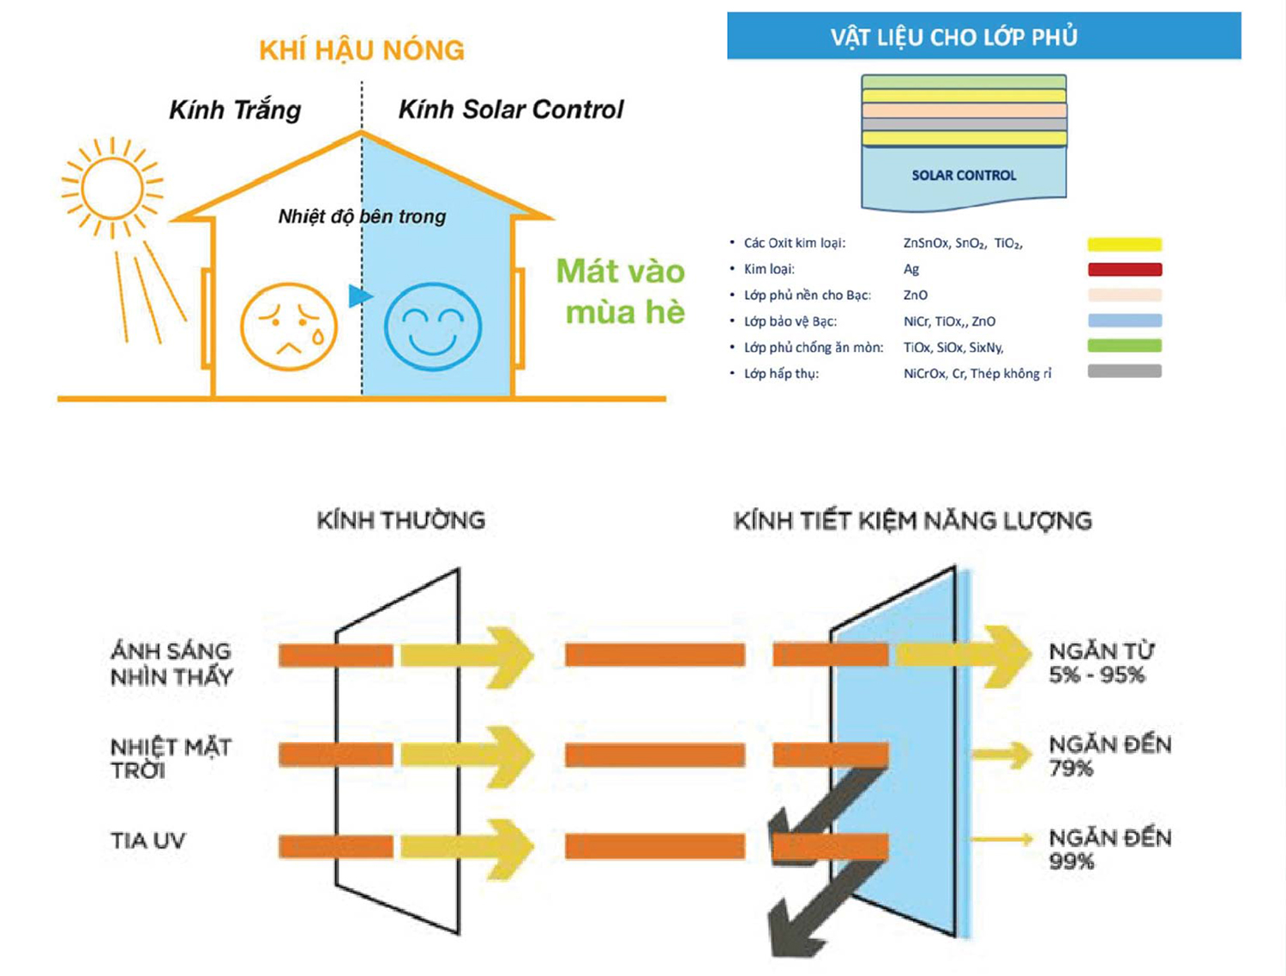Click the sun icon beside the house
[x=112, y=186]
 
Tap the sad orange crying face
[x=289, y=326]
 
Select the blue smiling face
[x=432, y=326]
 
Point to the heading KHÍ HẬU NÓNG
[x=361, y=51]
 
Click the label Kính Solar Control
[x=511, y=110]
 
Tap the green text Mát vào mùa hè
[x=622, y=291]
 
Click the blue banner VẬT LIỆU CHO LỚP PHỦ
[x=983, y=36]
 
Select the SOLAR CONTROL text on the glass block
[x=964, y=176]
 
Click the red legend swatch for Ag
[x=1124, y=270]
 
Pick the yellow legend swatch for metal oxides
[x=1124, y=244]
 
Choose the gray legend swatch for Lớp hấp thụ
[x=1124, y=372]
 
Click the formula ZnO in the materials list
[x=916, y=295]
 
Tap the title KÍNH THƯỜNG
[x=400, y=520]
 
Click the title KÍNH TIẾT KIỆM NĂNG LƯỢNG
[x=912, y=521]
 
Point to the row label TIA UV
[x=147, y=841]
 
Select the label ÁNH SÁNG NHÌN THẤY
[x=171, y=664]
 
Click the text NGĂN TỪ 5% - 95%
[x=1101, y=663]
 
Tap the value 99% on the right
[x=1072, y=862]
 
